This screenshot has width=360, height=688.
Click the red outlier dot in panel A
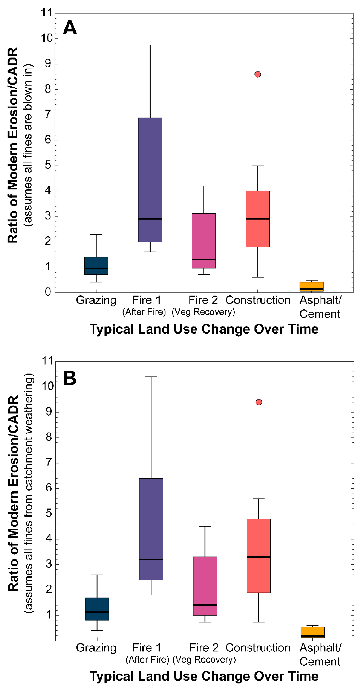click(257, 74)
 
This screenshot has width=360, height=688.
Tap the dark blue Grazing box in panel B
click(97, 609)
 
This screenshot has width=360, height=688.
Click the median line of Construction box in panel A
click(258, 219)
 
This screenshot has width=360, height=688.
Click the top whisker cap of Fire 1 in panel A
click(150, 45)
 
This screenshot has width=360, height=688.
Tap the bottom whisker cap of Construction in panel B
click(258, 622)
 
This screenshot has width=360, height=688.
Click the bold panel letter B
click(69, 378)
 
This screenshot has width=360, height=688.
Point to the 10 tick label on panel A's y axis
click(47, 38)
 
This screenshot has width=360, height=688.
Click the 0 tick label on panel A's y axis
click(48, 292)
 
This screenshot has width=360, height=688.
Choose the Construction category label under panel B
click(258, 648)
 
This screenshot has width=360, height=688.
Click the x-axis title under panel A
click(204, 329)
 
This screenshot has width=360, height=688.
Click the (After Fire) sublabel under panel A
click(144, 312)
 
